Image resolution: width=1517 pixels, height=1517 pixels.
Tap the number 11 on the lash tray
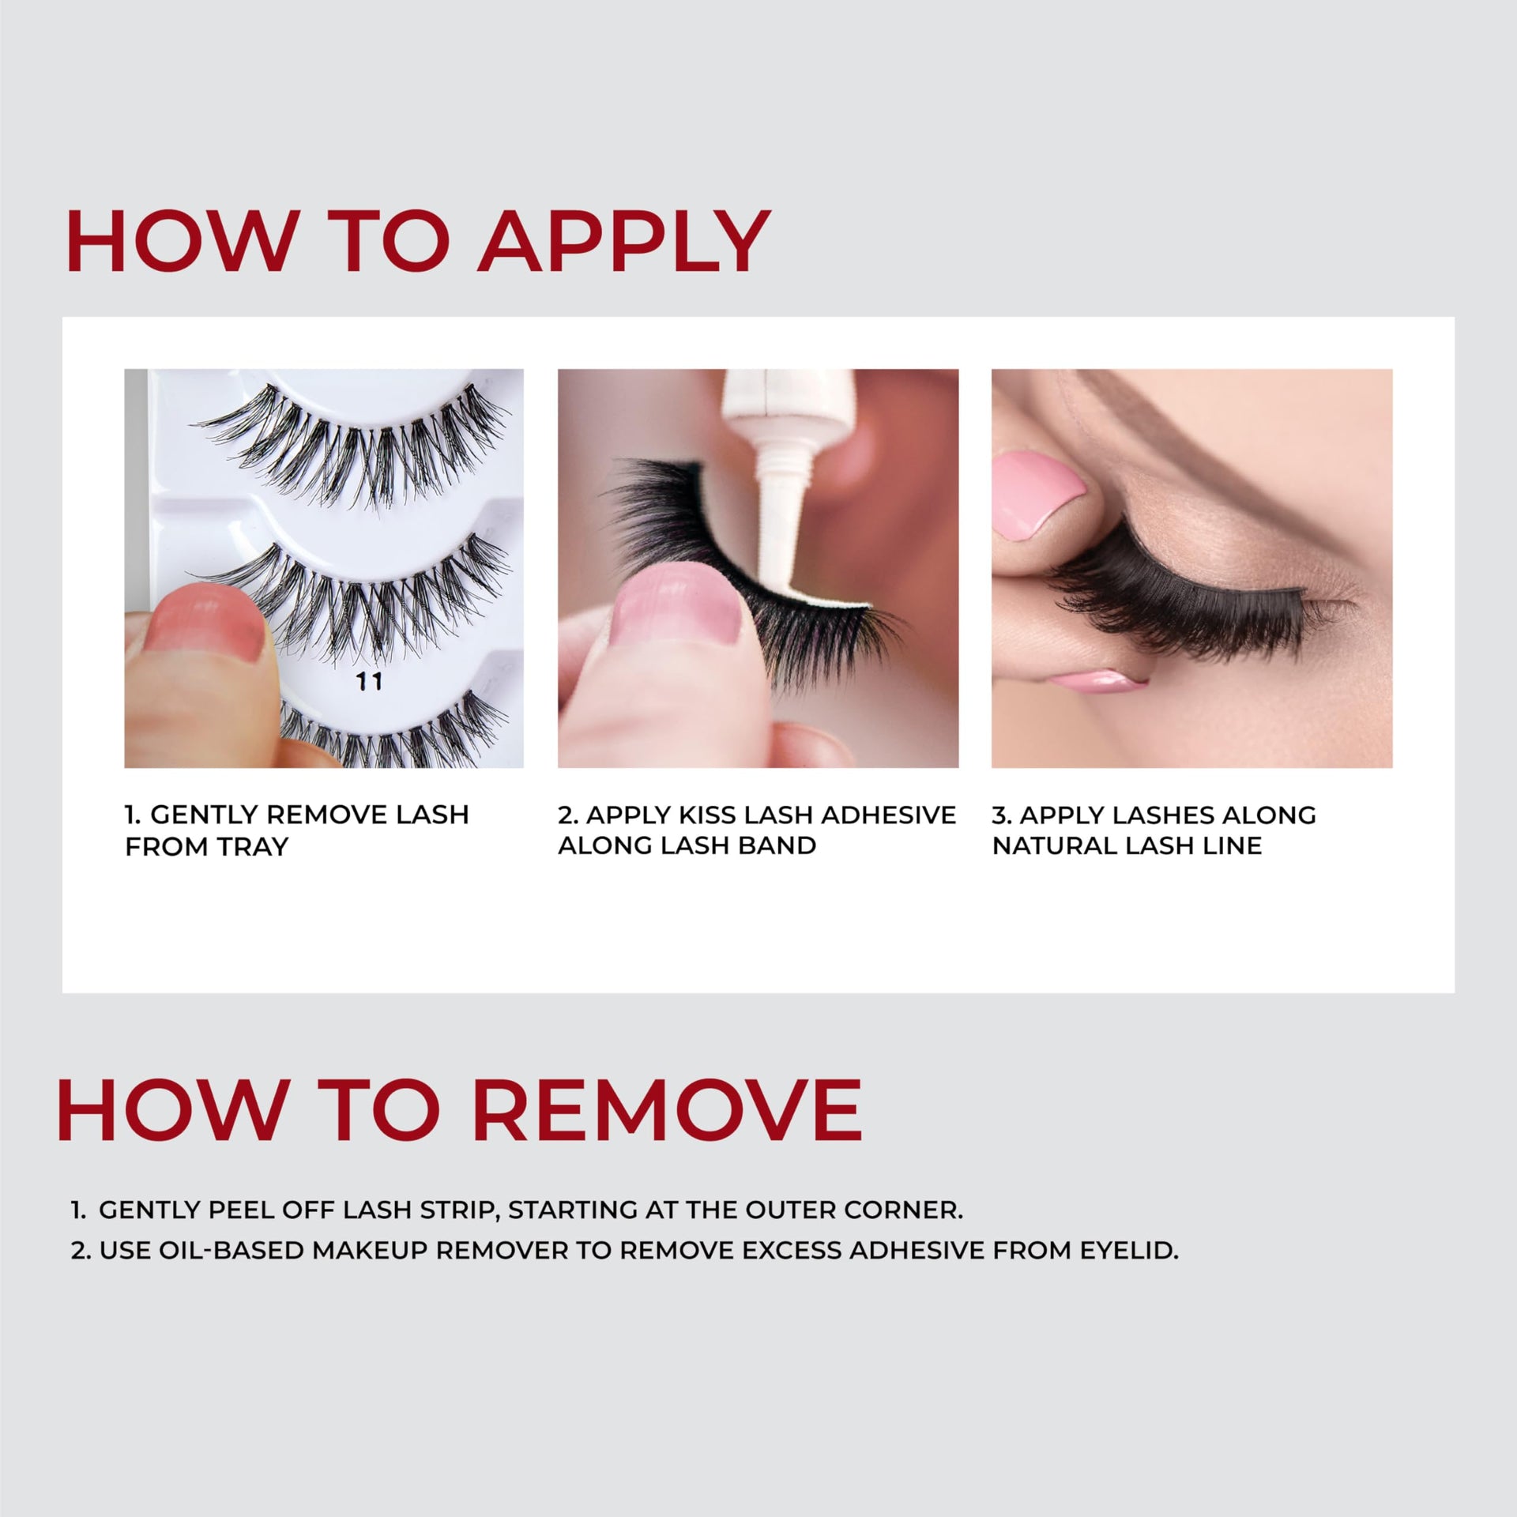(369, 681)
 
